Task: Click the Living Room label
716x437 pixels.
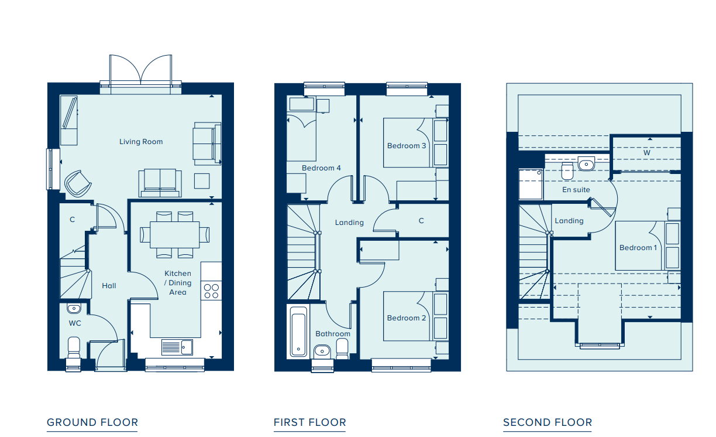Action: pos(141,142)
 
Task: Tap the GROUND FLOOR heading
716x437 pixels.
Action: pos(92,422)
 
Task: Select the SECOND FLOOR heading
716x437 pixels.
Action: pos(548,422)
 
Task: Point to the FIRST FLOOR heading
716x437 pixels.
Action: pos(310,422)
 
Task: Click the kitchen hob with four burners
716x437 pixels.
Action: pos(211,291)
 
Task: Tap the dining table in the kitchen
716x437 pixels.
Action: pos(174,234)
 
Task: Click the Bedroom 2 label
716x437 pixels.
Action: pos(407,318)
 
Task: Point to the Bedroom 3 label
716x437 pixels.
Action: pos(407,146)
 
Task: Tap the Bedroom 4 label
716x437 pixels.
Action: pos(321,168)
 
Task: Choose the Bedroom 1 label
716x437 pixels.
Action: pos(638,248)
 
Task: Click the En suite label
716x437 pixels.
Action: pos(576,190)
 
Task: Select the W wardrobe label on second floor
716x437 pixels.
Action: pos(647,153)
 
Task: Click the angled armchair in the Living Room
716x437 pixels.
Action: pos(78,183)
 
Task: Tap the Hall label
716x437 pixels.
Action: pos(109,286)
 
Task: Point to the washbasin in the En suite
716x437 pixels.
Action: pos(586,163)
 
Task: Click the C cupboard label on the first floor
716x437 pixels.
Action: pos(421,221)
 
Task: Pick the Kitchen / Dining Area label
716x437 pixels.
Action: pos(178,283)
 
